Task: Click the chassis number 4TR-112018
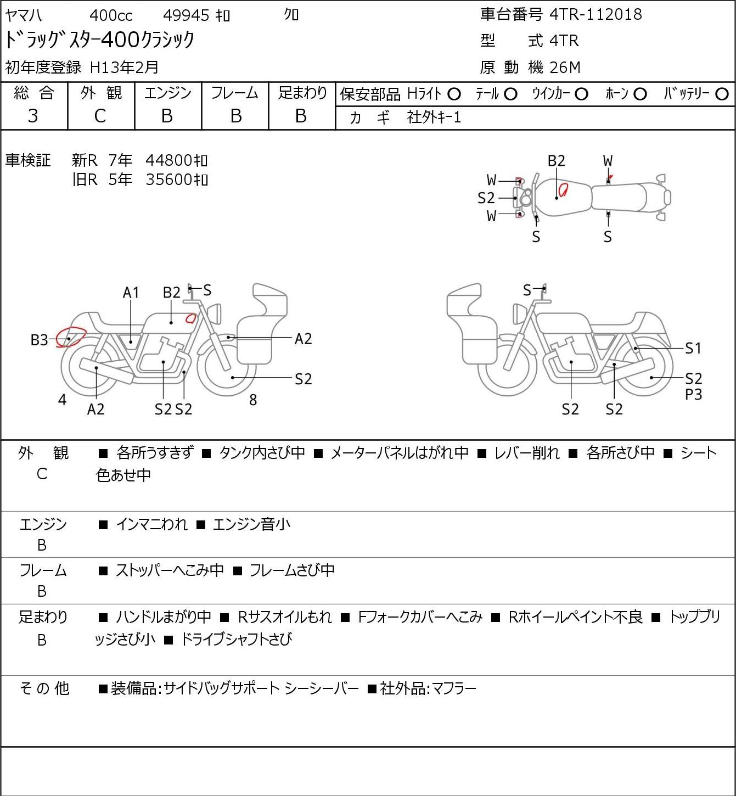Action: tap(595, 14)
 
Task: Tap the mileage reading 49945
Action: tap(186, 15)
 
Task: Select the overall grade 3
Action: tap(33, 116)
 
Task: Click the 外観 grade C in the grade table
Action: tap(100, 116)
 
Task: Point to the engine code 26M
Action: tap(565, 68)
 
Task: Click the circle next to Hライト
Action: tap(454, 94)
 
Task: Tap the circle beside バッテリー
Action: tap(722, 94)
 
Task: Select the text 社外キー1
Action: tap(434, 117)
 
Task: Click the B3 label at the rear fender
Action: tap(40, 340)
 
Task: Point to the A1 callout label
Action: tap(131, 293)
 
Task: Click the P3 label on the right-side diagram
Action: tap(694, 395)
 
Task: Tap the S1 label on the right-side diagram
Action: tap(694, 348)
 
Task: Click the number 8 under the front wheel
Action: tap(253, 400)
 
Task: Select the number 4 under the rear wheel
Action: tap(62, 400)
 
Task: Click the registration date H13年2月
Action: tap(124, 68)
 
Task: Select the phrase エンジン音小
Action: tap(251, 524)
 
